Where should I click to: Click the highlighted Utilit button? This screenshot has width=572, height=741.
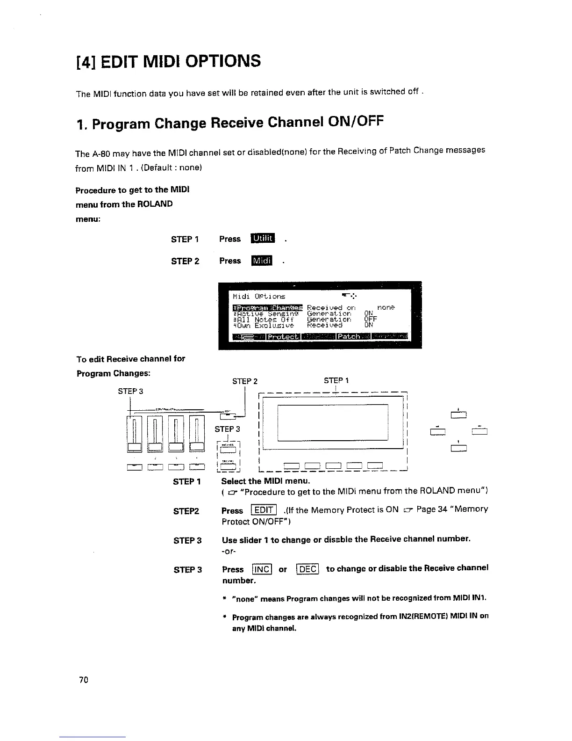pos(264,239)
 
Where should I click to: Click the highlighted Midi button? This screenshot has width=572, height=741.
pos(262,261)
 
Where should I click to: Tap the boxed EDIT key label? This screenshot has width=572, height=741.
pos(265,510)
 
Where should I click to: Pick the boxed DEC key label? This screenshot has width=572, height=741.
pos(307,569)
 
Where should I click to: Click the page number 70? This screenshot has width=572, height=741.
pos(84,680)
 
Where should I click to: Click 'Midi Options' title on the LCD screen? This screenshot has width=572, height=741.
pos(258,296)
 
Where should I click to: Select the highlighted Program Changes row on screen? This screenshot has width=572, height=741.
pos(267,307)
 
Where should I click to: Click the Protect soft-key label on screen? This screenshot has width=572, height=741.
pos(283,336)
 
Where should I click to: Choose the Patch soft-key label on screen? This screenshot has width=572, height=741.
pos(349,336)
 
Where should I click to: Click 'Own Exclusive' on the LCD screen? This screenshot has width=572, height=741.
pos(265,325)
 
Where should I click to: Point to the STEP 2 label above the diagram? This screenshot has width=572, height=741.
pos(245,381)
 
